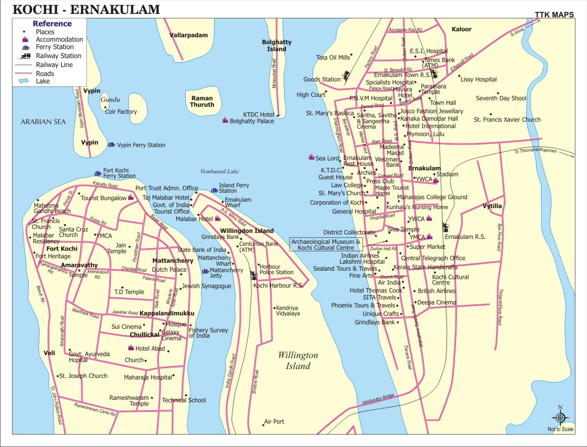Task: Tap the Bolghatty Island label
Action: [277, 46]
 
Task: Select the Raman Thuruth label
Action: [202, 101]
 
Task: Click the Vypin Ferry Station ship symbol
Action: [111, 145]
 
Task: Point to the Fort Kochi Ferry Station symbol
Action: [97, 173]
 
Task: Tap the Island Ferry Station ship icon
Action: [214, 190]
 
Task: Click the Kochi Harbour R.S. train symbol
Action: [253, 276]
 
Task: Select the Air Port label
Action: [274, 422]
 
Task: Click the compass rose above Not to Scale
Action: [560, 418]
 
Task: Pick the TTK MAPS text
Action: [554, 15]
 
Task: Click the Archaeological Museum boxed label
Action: [326, 244]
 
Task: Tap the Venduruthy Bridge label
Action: [378, 399]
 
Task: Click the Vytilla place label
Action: [492, 206]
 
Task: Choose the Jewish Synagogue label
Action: [207, 286]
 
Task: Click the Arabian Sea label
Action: [43, 121]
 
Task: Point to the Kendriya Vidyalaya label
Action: [288, 310]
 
